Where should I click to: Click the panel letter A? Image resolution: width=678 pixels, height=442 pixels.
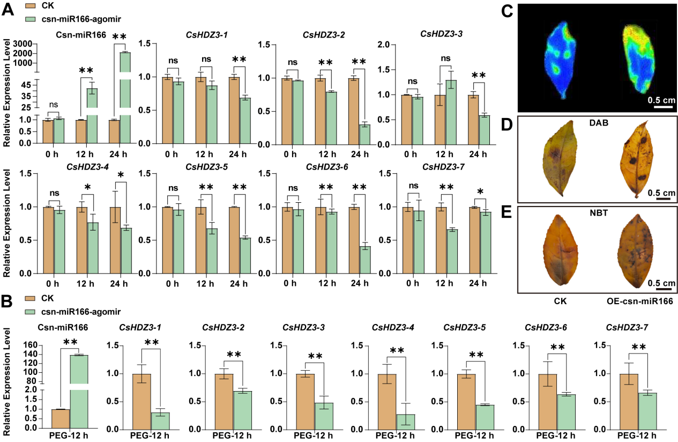tap(9, 10)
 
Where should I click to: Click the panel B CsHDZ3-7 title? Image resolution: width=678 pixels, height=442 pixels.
tap(624, 327)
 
